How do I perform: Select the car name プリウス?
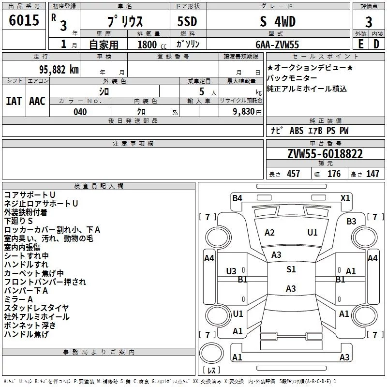click(x=124, y=22)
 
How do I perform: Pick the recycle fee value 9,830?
click(x=240, y=112)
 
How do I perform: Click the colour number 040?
click(x=80, y=112)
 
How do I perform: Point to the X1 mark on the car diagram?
click(x=345, y=198)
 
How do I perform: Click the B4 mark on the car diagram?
click(x=237, y=198)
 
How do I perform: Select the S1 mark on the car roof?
click(x=291, y=269)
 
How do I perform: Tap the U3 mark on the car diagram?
click(x=231, y=271)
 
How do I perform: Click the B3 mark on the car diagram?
click(x=351, y=221)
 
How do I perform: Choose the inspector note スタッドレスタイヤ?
click(x=36, y=308)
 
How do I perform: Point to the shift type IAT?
click(x=14, y=101)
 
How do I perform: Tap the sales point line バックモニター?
click(x=292, y=78)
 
